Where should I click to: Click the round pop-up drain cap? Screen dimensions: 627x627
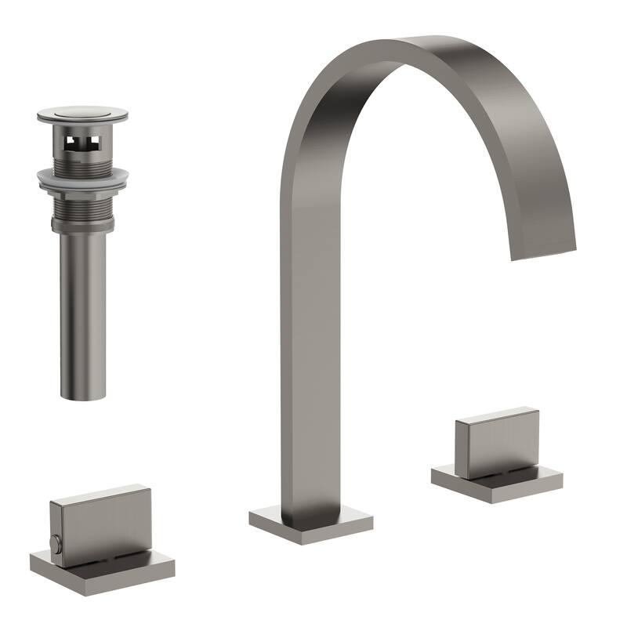pyautogui.click(x=82, y=114)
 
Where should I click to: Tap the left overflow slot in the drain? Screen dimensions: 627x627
pyautogui.click(x=72, y=142)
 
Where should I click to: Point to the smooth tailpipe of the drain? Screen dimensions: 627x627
pyautogui.click(x=83, y=313)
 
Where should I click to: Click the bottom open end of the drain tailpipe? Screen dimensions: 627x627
pyautogui.click(x=83, y=396)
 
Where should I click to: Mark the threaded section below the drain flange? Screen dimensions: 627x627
pyautogui.click(x=82, y=204)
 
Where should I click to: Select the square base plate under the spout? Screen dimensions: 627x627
pyautogui.click(x=310, y=523)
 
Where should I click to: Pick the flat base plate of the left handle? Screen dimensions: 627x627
pyautogui.click(x=103, y=568)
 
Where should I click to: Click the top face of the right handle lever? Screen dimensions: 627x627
pyautogui.click(x=496, y=413)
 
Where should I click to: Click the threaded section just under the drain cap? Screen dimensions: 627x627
pyautogui.click(x=82, y=161)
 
